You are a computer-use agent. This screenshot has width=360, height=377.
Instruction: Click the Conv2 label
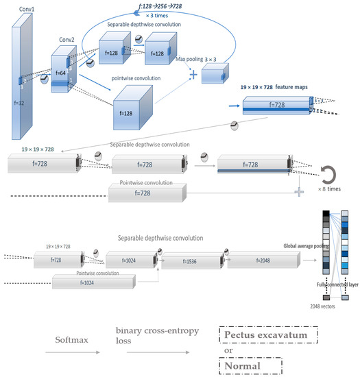coord(67,39)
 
